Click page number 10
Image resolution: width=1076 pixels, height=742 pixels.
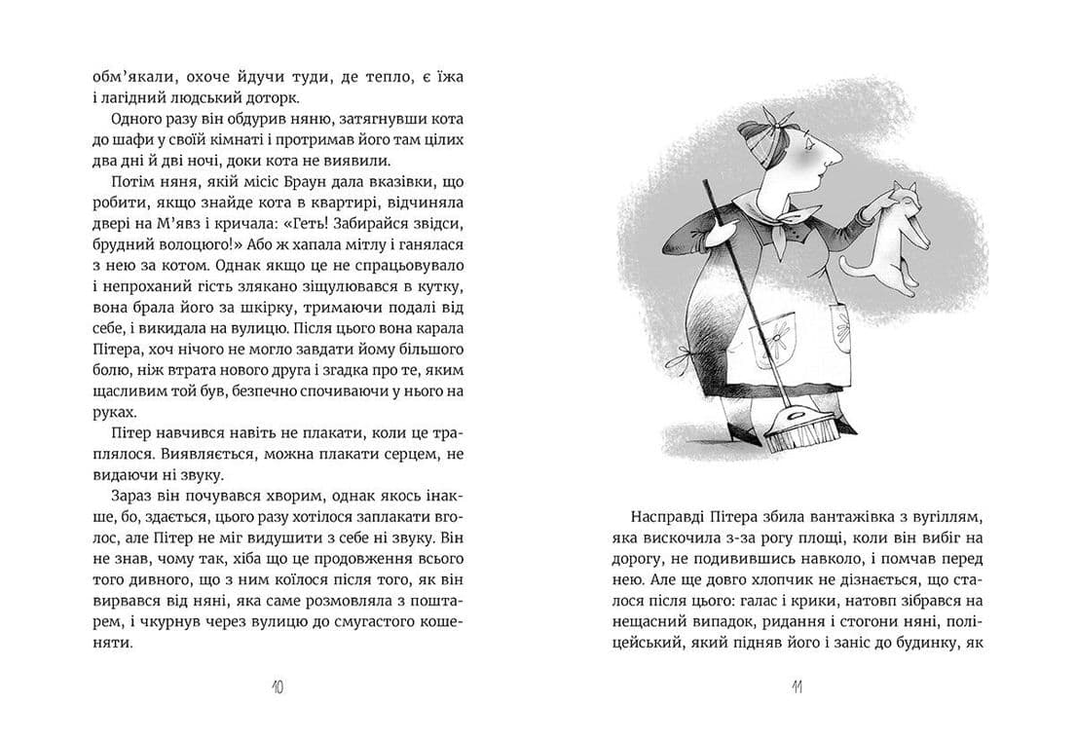click(x=278, y=687)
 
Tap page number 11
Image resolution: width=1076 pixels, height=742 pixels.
click(x=796, y=687)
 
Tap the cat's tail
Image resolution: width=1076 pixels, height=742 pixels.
click(x=857, y=267)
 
